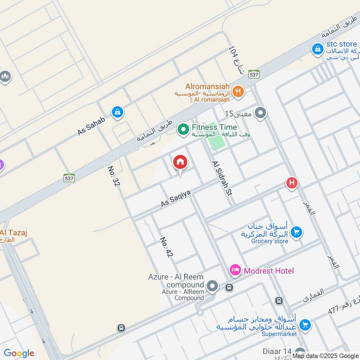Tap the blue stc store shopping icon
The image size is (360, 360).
click(x=318, y=49)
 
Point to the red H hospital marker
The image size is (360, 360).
click(x=292, y=183)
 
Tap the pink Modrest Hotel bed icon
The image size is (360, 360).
click(x=235, y=270)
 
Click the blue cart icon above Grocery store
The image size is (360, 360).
click(x=296, y=232)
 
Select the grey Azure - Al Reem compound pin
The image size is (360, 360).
click(x=212, y=286)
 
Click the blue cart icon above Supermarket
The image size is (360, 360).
click(x=305, y=324)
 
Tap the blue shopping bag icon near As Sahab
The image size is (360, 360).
click(x=117, y=112)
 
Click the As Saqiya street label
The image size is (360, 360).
click(x=176, y=198)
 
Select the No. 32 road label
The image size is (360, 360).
click(x=113, y=176)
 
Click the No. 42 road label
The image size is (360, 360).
click(x=166, y=247)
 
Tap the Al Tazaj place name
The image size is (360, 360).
click(x=13, y=232)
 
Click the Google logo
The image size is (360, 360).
click(x=19, y=353)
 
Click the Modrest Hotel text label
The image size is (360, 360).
click(x=269, y=270)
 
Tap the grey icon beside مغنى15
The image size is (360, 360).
click(x=260, y=113)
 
